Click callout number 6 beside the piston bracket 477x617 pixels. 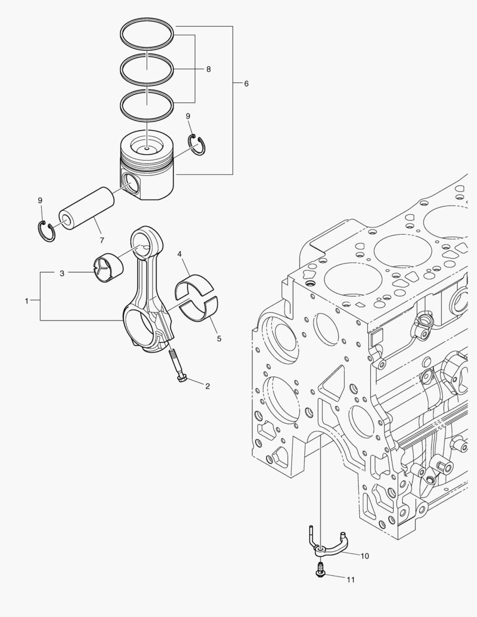pyautogui.click(x=246, y=84)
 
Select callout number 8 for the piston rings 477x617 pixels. pyautogui.click(x=209, y=69)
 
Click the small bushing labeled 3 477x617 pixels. pyautogui.click(x=107, y=267)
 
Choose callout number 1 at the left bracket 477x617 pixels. pyautogui.click(x=27, y=301)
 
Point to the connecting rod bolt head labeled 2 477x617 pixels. pyautogui.click(x=182, y=378)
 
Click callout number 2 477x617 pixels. pyautogui.click(x=207, y=386)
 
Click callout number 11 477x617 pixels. pyautogui.click(x=351, y=579)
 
